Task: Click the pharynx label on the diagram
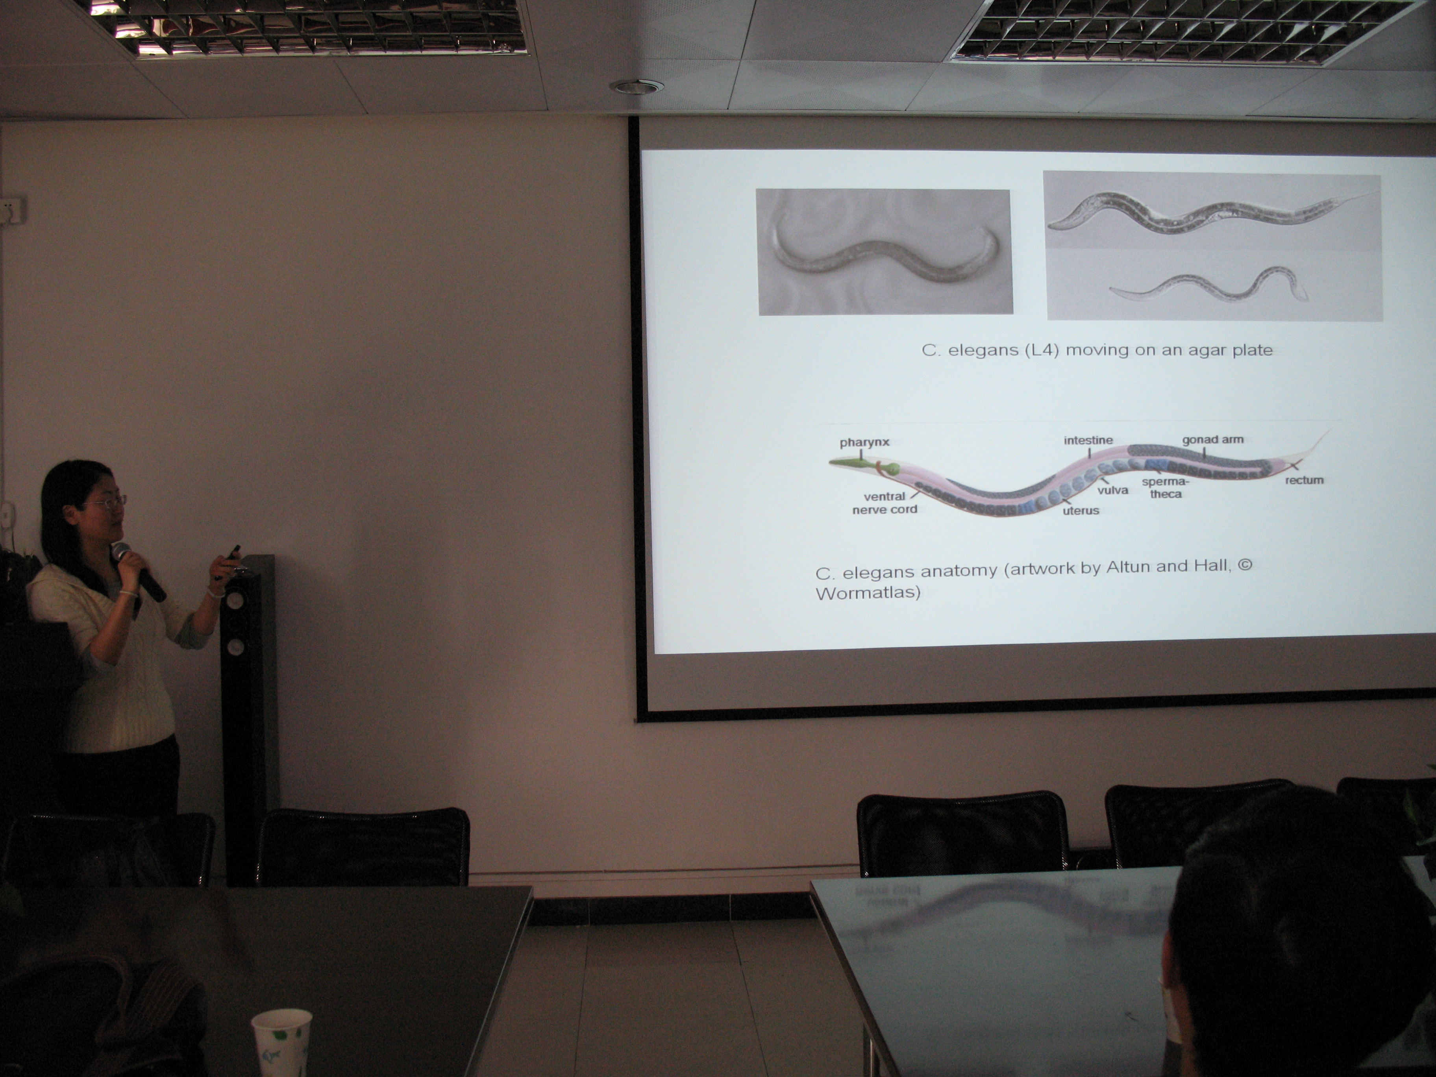[864, 443]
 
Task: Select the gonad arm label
[1213, 439]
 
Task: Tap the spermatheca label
[1165, 488]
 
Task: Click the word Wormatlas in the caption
[868, 593]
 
